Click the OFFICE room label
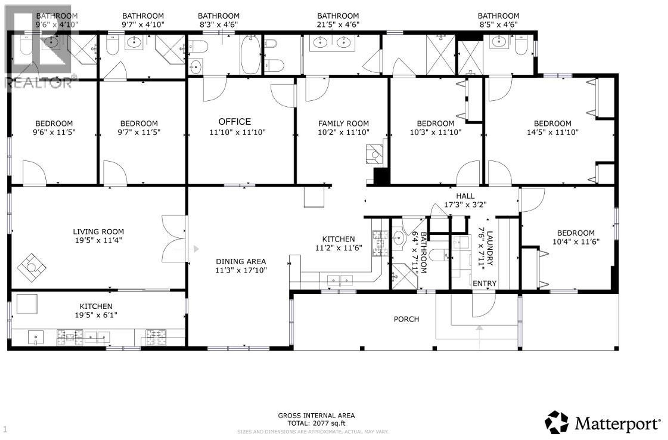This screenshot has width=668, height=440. [x=235, y=122]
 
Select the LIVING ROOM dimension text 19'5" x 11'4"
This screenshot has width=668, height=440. [x=98, y=240]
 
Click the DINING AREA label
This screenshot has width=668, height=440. [x=241, y=261]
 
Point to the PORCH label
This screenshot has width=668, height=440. [x=406, y=319]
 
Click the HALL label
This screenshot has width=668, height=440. [x=465, y=196]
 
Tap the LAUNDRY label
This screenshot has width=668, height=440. [x=490, y=248]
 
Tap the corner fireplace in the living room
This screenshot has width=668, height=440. [x=31, y=268]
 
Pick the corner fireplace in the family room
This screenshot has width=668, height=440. [x=374, y=154]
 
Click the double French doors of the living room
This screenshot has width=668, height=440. [x=174, y=239]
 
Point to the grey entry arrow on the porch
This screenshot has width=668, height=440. [x=479, y=328]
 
